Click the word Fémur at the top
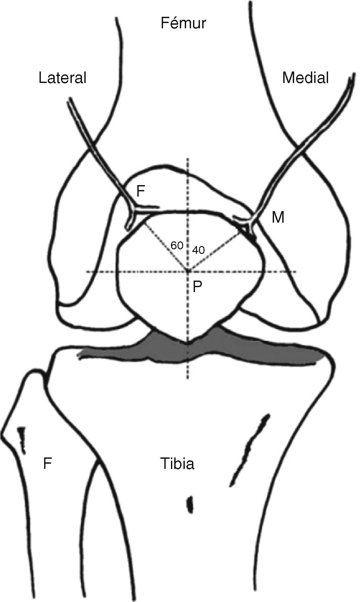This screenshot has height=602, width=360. pyautogui.click(x=183, y=24)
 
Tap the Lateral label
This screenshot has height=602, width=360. pyautogui.click(x=63, y=78)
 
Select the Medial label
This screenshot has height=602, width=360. pyautogui.click(x=305, y=78)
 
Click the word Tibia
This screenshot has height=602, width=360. pyautogui.click(x=177, y=463)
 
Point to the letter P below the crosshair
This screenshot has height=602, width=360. pyautogui.click(x=197, y=287)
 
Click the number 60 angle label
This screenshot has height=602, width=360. pyautogui.click(x=177, y=245)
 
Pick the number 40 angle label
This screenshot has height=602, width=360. pyautogui.click(x=198, y=250)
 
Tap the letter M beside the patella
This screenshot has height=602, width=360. pyautogui.click(x=278, y=218)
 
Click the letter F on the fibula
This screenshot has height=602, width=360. pyautogui.click(x=48, y=464)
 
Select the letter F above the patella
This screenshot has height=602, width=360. pyautogui.click(x=141, y=191)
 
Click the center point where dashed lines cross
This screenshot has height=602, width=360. pyautogui.click(x=188, y=271)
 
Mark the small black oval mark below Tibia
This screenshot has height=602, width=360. pyautogui.click(x=190, y=504)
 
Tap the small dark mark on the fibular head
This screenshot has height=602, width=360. pyautogui.click(x=22, y=438)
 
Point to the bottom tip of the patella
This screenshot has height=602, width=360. pyautogui.click(x=188, y=343)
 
